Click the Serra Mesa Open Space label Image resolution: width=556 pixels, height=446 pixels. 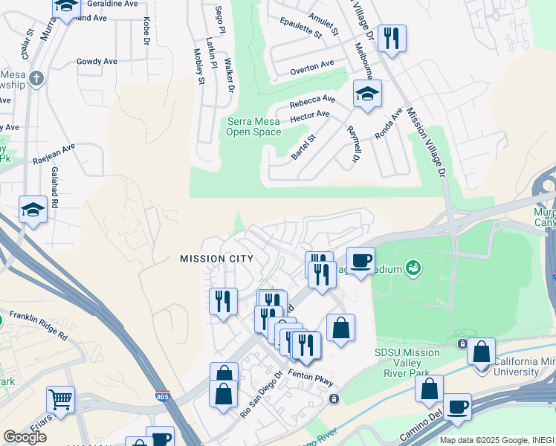[x=253, y=126]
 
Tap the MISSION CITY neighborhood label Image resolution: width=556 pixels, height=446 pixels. [x=216, y=259]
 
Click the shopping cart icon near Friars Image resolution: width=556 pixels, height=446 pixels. [x=60, y=398]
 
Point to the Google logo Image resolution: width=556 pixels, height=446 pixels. [x=25, y=437]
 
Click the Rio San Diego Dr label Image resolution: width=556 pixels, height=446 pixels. [x=260, y=394]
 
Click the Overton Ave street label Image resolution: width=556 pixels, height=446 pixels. [x=312, y=67]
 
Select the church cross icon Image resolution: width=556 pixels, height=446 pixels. [x=36, y=77]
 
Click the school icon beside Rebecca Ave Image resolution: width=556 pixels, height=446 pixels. [x=366, y=94]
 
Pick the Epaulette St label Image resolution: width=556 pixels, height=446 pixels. [x=297, y=29]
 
